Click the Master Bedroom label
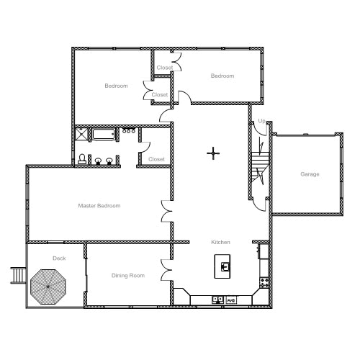pyautogui.click(x=99, y=206)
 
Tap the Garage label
pyautogui.click(x=310, y=174)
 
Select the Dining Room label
pyautogui.click(x=128, y=275)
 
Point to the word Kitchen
pyautogui.click(x=220, y=242)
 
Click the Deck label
pyautogui.click(x=58, y=258)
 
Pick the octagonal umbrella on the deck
pyautogui.click(x=48, y=287)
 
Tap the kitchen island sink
pyautogui.click(x=225, y=266)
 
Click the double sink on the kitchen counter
pyautogui.click(x=217, y=299)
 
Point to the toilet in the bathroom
pyautogui.click(x=82, y=159)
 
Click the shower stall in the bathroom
pyautogui.click(x=82, y=134)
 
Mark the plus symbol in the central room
pyautogui.click(x=213, y=153)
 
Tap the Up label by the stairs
pyautogui.click(x=261, y=120)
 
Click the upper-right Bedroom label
pyautogui.click(x=222, y=76)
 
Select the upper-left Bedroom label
pyautogui.click(x=116, y=86)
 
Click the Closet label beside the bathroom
pyautogui.click(x=156, y=158)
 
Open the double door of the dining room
pyautogui.click(x=166, y=269)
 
